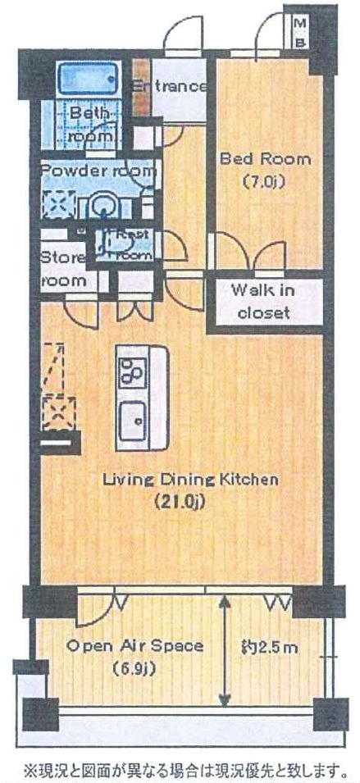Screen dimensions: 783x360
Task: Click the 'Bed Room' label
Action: tap(253, 158)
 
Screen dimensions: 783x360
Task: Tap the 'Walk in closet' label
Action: tap(264, 301)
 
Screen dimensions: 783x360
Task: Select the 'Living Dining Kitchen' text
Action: tap(190, 479)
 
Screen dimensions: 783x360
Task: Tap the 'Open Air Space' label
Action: tap(135, 646)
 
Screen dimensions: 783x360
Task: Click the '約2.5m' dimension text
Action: tap(268, 648)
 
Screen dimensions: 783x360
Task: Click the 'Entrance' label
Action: tap(170, 86)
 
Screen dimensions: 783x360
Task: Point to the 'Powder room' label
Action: tap(98, 171)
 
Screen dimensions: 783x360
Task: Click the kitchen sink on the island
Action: tap(131, 422)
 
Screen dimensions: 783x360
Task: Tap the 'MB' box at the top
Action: tap(299, 30)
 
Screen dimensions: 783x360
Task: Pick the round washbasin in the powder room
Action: tap(104, 205)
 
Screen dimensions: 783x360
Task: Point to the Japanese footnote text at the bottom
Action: tap(181, 770)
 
